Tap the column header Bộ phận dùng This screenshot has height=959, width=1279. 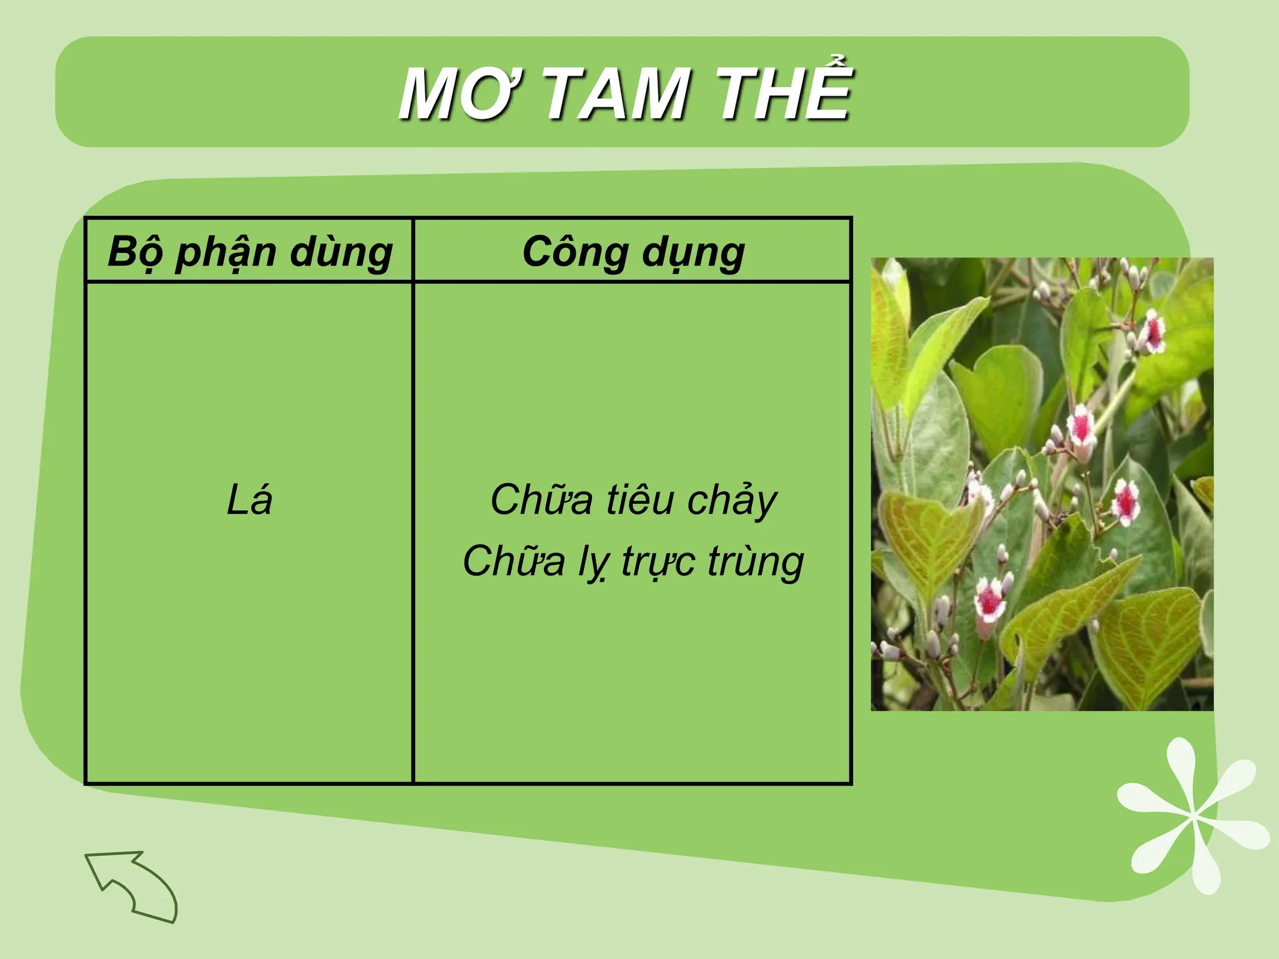(250, 252)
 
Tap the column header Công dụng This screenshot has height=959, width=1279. (633, 252)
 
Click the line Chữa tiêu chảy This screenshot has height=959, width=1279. (633, 499)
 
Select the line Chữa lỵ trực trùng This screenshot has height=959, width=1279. (633, 561)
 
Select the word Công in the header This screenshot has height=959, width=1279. (575, 252)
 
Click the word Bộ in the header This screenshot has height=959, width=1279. (135, 252)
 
